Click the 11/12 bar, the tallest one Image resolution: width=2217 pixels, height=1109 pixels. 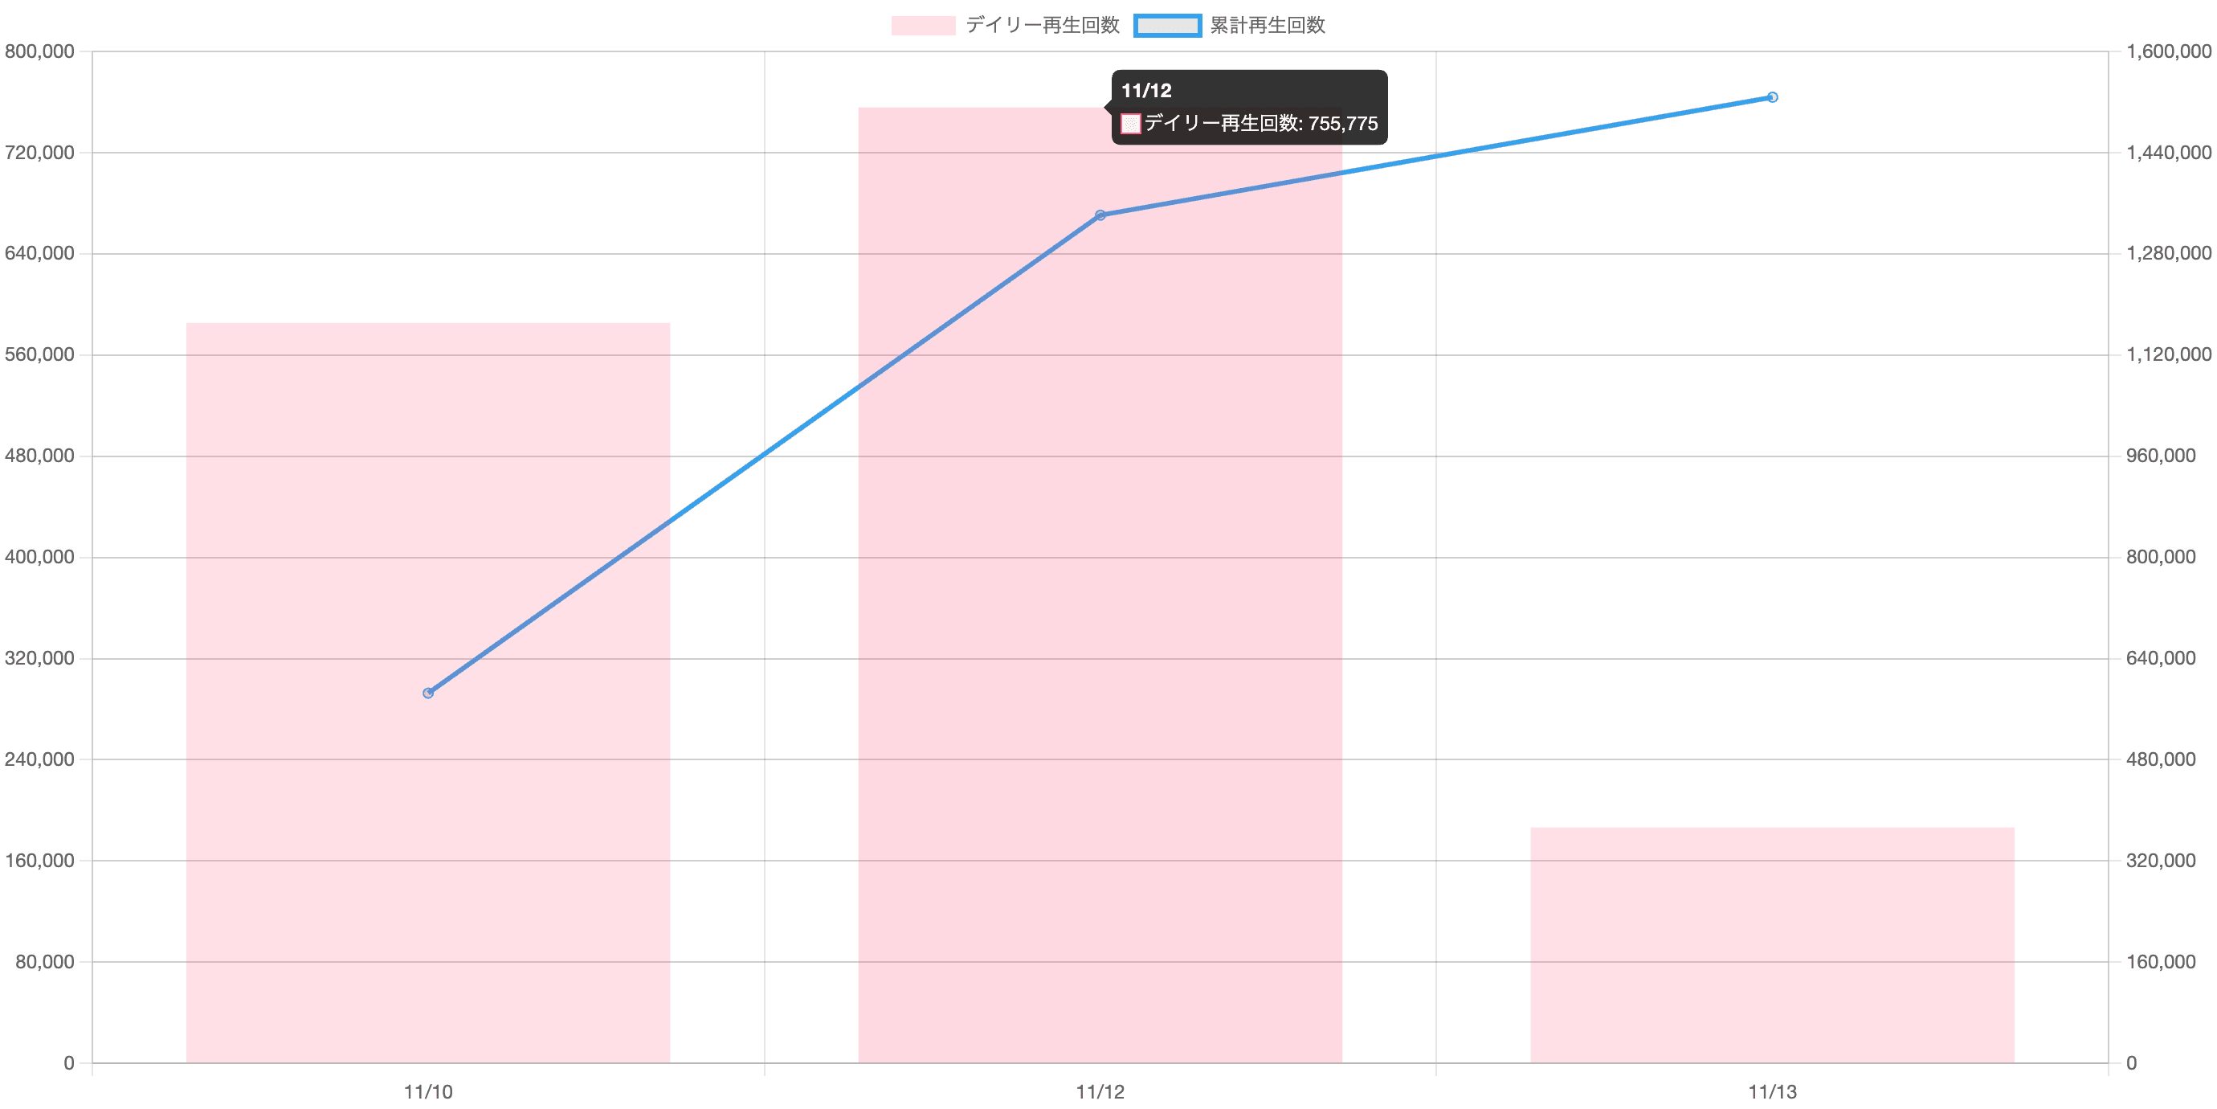click(x=1100, y=603)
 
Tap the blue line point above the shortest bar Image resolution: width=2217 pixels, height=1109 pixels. click(x=1772, y=97)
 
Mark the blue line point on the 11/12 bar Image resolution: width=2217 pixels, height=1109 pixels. click(x=1100, y=215)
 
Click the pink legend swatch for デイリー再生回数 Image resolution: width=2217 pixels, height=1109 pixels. click(x=923, y=26)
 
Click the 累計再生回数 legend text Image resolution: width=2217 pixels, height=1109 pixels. click(x=1268, y=25)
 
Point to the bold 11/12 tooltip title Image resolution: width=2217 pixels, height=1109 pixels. click(x=1146, y=90)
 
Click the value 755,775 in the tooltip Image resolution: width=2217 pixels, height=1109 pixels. click(x=1342, y=123)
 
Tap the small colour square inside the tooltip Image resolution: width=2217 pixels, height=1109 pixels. click(x=1131, y=124)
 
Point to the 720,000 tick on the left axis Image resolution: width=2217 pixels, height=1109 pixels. click(x=39, y=153)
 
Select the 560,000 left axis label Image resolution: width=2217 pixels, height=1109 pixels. click(x=39, y=354)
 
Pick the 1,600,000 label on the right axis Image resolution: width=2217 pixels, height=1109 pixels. click(x=2168, y=51)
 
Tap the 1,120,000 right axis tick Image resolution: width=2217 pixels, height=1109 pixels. click(x=2168, y=354)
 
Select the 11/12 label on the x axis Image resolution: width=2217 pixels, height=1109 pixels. click(x=1100, y=1092)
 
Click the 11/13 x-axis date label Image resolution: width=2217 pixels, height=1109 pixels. click(x=1771, y=1092)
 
